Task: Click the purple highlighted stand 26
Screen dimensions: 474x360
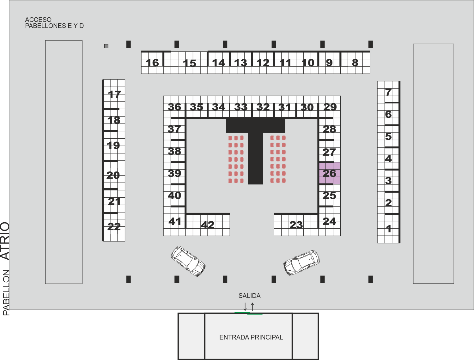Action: (x=330, y=173)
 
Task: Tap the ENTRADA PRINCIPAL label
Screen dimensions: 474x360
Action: (x=251, y=337)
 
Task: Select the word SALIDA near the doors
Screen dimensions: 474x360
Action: (x=249, y=296)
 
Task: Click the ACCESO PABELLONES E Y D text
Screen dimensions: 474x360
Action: (x=54, y=23)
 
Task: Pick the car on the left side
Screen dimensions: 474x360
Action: (x=188, y=261)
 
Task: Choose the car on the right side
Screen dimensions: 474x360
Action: (x=302, y=263)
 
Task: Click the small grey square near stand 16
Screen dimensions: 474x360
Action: (x=106, y=46)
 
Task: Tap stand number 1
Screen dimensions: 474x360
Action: (x=389, y=229)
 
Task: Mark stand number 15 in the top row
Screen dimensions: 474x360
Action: (x=189, y=63)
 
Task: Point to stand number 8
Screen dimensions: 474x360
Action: (x=355, y=63)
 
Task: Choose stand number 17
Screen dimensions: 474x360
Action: (x=114, y=94)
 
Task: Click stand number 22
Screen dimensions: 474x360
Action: (x=114, y=227)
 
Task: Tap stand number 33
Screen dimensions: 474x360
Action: (x=241, y=107)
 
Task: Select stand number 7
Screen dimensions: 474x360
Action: (x=388, y=92)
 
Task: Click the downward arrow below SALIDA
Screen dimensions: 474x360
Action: (x=245, y=307)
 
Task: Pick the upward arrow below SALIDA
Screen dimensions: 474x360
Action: (x=252, y=307)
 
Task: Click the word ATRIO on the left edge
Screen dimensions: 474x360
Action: (x=5, y=241)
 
